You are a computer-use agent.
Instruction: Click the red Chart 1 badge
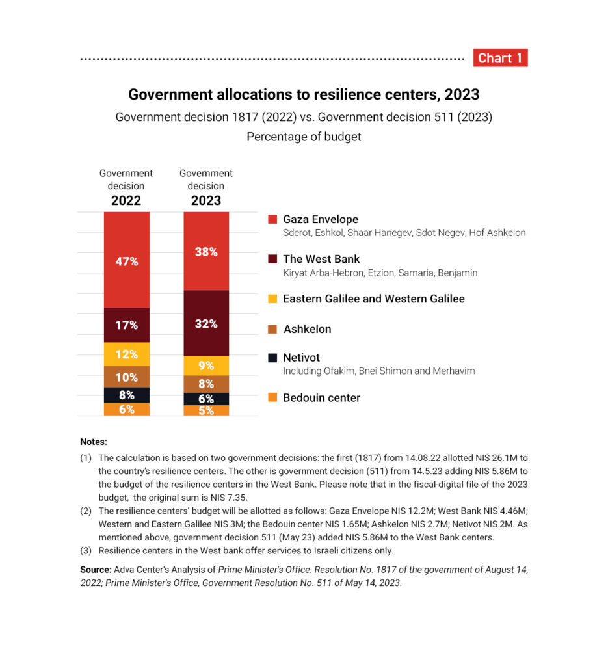point(500,58)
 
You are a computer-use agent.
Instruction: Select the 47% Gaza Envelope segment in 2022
point(127,261)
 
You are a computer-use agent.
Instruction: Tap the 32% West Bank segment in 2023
point(206,323)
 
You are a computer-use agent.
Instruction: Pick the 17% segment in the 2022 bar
point(127,325)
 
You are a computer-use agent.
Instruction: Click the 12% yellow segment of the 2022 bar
point(127,354)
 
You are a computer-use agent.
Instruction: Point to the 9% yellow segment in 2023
point(206,366)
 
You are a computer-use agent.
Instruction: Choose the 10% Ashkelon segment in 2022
point(127,377)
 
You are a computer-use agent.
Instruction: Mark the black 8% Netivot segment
point(127,395)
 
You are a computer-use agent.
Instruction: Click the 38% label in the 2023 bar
point(206,252)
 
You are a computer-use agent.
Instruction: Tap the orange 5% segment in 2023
point(206,410)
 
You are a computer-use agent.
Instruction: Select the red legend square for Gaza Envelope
point(272,219)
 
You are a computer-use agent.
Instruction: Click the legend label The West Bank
point(321,259)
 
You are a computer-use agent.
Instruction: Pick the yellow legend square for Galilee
point(272,299)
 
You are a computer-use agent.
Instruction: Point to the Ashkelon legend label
point(307,329)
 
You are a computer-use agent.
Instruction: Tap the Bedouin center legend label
point(321,397)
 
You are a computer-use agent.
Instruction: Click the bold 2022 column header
point(126,200)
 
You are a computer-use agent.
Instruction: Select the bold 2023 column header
point(206,200)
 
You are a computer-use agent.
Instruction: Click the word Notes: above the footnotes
point(94,442)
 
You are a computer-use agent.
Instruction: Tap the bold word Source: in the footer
point(96,569)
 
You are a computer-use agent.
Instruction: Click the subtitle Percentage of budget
point(304,137)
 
